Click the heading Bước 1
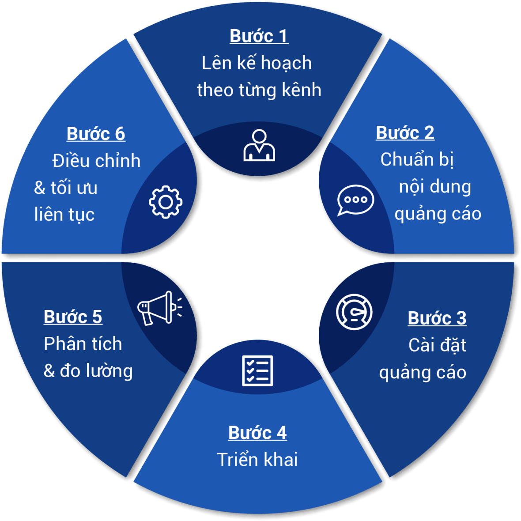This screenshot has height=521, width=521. (x=259, y=36)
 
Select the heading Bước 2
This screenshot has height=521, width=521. (x=405, y=132)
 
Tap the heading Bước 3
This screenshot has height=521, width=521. (x=437, y=318)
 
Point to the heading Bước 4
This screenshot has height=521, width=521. (x=257, y=433)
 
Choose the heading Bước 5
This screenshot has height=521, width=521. (x=73, y=317)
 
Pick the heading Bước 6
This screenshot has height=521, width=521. (x=96, y=134)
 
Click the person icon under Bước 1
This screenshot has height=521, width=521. (x=259, y=145)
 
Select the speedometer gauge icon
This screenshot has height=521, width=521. (x=354, y=312)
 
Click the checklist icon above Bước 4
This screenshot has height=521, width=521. (x=257, y=370)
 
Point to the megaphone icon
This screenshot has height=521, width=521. (x=158, y=307)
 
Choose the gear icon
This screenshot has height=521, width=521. (x=166, y=202)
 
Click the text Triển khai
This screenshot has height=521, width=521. (x=257, y=460)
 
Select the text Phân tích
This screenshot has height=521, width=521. (x=83, y=344)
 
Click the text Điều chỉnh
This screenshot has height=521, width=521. (x=96, y=161)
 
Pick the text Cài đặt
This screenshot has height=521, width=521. (x=437, y=345)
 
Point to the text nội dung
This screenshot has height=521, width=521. (x=435, y=187)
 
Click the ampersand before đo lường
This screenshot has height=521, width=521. (x=49, y=371)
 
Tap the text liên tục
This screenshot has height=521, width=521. (x=64, y=215)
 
